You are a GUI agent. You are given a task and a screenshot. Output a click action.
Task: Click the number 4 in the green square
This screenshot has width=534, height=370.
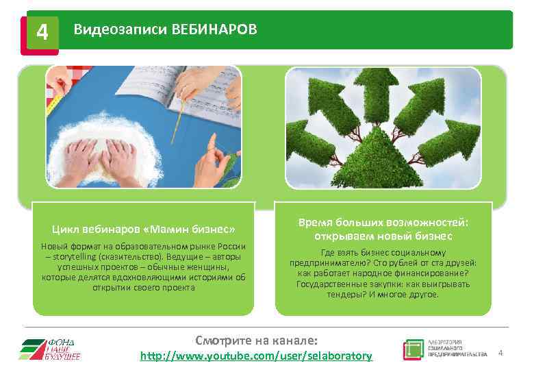(x=42, y=32)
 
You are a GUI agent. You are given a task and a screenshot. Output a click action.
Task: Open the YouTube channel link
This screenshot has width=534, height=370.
(x=256, y=356)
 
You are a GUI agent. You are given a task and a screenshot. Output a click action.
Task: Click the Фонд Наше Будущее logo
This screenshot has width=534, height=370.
(x=50, y=349)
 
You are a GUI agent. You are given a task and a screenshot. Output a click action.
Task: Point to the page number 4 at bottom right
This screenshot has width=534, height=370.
(x=500, y=353)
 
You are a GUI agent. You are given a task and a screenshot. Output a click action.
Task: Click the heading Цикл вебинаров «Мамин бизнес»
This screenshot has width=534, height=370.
(x=144, y=228)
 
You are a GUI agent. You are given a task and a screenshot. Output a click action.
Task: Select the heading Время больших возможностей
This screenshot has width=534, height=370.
(x=383, y=223)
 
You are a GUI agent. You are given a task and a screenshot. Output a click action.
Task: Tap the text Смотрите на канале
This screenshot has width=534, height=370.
(x=256, y=341)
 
